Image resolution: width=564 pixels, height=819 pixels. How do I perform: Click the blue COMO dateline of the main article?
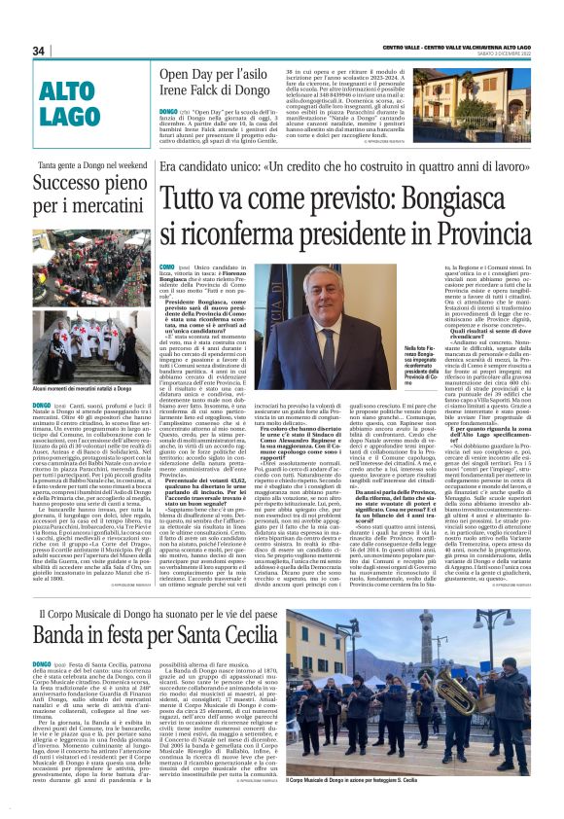(168, 266)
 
